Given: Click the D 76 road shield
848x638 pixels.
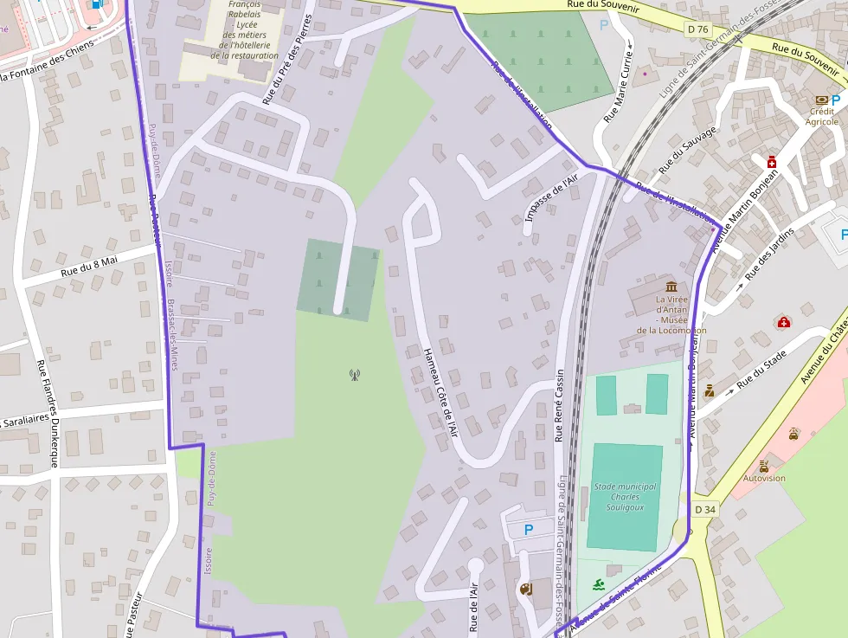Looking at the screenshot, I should tap(697, 29).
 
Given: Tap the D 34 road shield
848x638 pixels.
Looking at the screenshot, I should tap(705, 510).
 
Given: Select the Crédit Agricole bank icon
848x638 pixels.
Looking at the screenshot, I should tap(821, 100).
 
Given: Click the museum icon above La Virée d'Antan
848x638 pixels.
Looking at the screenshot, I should tap(671, 287).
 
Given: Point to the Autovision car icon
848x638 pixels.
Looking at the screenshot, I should tap(763, 466).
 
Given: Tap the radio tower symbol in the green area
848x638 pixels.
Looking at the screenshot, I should tap(354, 375).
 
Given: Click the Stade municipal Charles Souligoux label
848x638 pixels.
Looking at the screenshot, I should tap(625, 497).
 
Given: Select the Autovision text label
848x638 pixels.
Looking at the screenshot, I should tap(764, 478).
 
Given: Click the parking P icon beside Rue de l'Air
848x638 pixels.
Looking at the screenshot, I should tap(528, 529).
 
